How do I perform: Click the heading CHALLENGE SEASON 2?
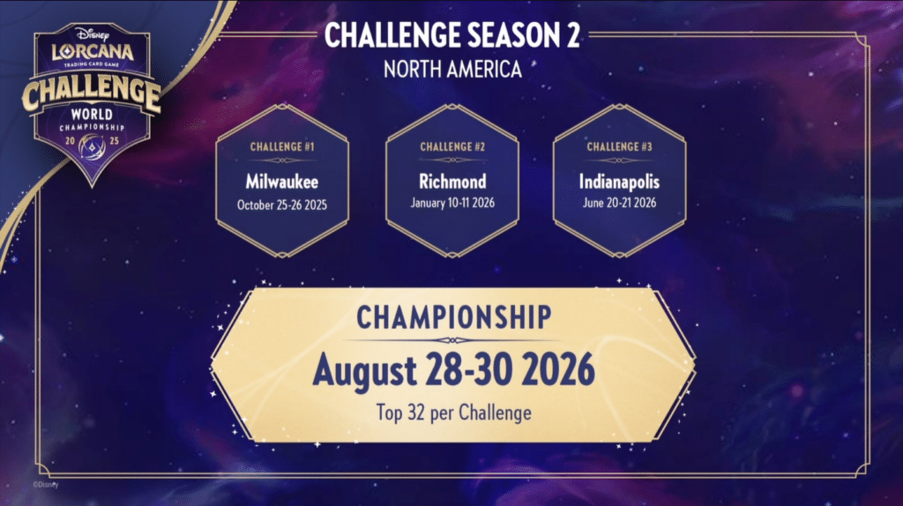coord(452,35)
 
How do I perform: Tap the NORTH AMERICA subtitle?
coord(452,70)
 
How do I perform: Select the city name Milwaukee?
coord(281,182)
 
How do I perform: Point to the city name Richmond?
coord(452,182)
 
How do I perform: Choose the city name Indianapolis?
coord(619,182)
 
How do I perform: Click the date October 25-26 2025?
coord(282,205)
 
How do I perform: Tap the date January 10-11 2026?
coord(452,203)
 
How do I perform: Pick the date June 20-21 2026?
coord(619,203)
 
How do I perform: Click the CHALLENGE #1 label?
coord(282,147)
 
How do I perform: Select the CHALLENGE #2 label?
coord(452,147)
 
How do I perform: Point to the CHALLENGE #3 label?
coord(619,147)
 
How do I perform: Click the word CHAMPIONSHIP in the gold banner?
coord(454,317)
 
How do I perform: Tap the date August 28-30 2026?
coord(454,370)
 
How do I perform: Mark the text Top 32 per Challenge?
coord(454,413)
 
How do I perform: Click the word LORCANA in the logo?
coord(93,52)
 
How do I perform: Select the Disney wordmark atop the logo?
coord(92,34)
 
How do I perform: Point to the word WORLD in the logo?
coord(92,114)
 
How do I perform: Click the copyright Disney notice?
coord(46,485)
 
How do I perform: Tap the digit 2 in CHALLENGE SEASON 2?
coord(571,35)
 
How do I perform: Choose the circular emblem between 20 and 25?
coord(92,146)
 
